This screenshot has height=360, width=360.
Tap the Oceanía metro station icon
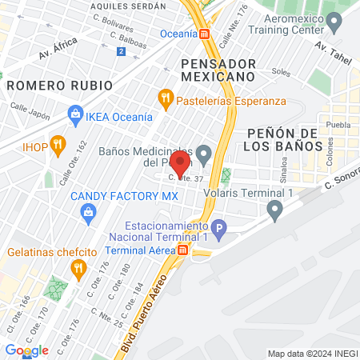pyautogui.click(x=205, y=34)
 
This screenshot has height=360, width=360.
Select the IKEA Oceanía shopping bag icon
pyautogui.click(x=75, y=114)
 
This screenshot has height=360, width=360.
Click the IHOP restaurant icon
pyautogui.click(x=57, y=144)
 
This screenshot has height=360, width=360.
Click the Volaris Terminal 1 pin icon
pyautogui.click(x=276, y=210)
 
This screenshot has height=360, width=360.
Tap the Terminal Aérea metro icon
pyautogui.click(x=182, y=250)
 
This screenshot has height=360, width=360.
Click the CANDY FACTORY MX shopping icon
pyautogui.click(x=89, y=211)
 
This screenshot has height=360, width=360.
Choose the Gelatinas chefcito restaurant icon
pyautogui.click(x=78, y=269)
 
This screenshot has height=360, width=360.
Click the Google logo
pyautogui.click(x=26, y=350)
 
